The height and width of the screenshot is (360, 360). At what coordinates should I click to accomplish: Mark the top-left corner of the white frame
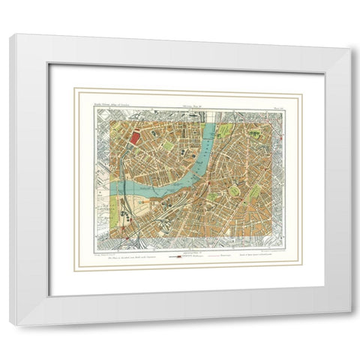point(10,34)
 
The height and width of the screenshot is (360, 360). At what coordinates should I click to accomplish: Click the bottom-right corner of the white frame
point(349,324)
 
